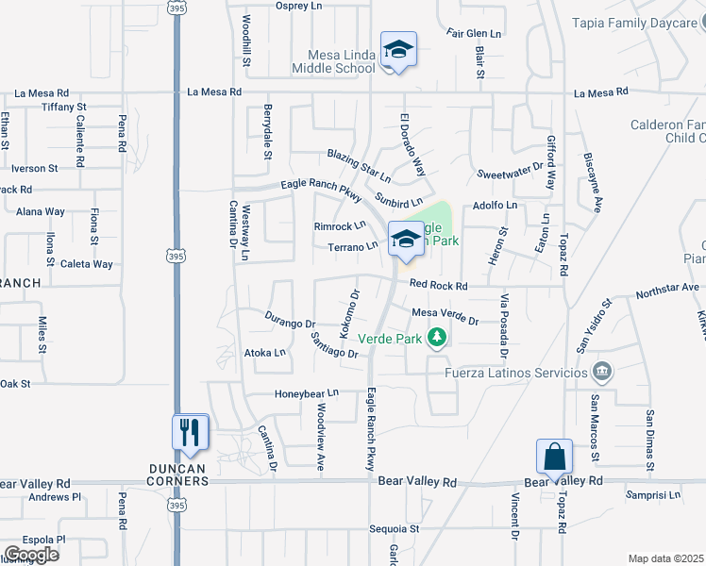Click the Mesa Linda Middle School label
[333, 61]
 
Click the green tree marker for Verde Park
[436, 337]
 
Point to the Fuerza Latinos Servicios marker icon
[601, 372]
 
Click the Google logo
[31, 555]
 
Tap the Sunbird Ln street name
[397, 201]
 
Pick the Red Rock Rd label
[439, 285]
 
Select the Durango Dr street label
[290, 320]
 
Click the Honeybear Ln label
[306, 393]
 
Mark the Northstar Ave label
[667, 287]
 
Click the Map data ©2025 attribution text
[666, 558]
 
